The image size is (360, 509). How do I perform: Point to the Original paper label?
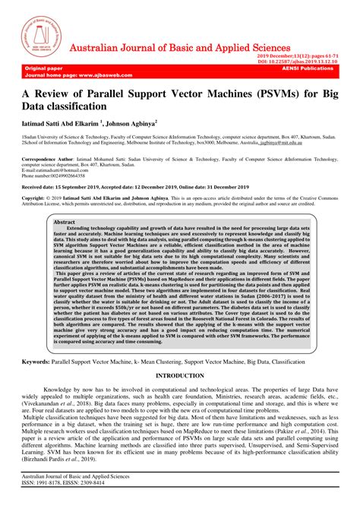point(45,68)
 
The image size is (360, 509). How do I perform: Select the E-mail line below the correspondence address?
point(53,149)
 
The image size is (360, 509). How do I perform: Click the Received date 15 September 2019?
point(75,165)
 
